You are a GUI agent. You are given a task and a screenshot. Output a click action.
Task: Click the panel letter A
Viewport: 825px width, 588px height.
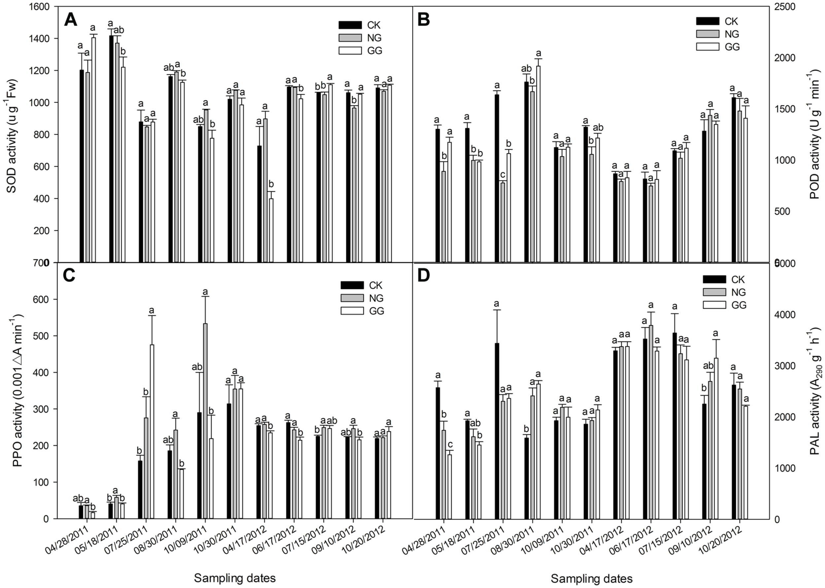click(x=70, y=20)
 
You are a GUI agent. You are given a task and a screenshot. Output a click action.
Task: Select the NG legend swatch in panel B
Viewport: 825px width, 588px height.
click(x=707, y=34)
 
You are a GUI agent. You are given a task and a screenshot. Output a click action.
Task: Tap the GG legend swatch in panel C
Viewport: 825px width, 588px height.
click(x=352, y=310)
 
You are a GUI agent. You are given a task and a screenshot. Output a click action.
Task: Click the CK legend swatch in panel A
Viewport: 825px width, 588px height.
click(x=350, y=25)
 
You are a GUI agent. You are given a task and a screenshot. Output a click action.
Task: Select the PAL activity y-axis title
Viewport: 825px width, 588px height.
click(x=814, y=391)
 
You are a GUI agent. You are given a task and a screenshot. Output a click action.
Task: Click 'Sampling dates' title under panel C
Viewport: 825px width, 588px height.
click(x=235, y=578)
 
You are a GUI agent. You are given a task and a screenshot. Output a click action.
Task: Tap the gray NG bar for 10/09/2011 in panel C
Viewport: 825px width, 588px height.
click(x=205, y=420)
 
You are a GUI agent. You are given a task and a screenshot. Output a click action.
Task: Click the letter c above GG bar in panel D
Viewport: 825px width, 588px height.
click(x=450, y=444)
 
